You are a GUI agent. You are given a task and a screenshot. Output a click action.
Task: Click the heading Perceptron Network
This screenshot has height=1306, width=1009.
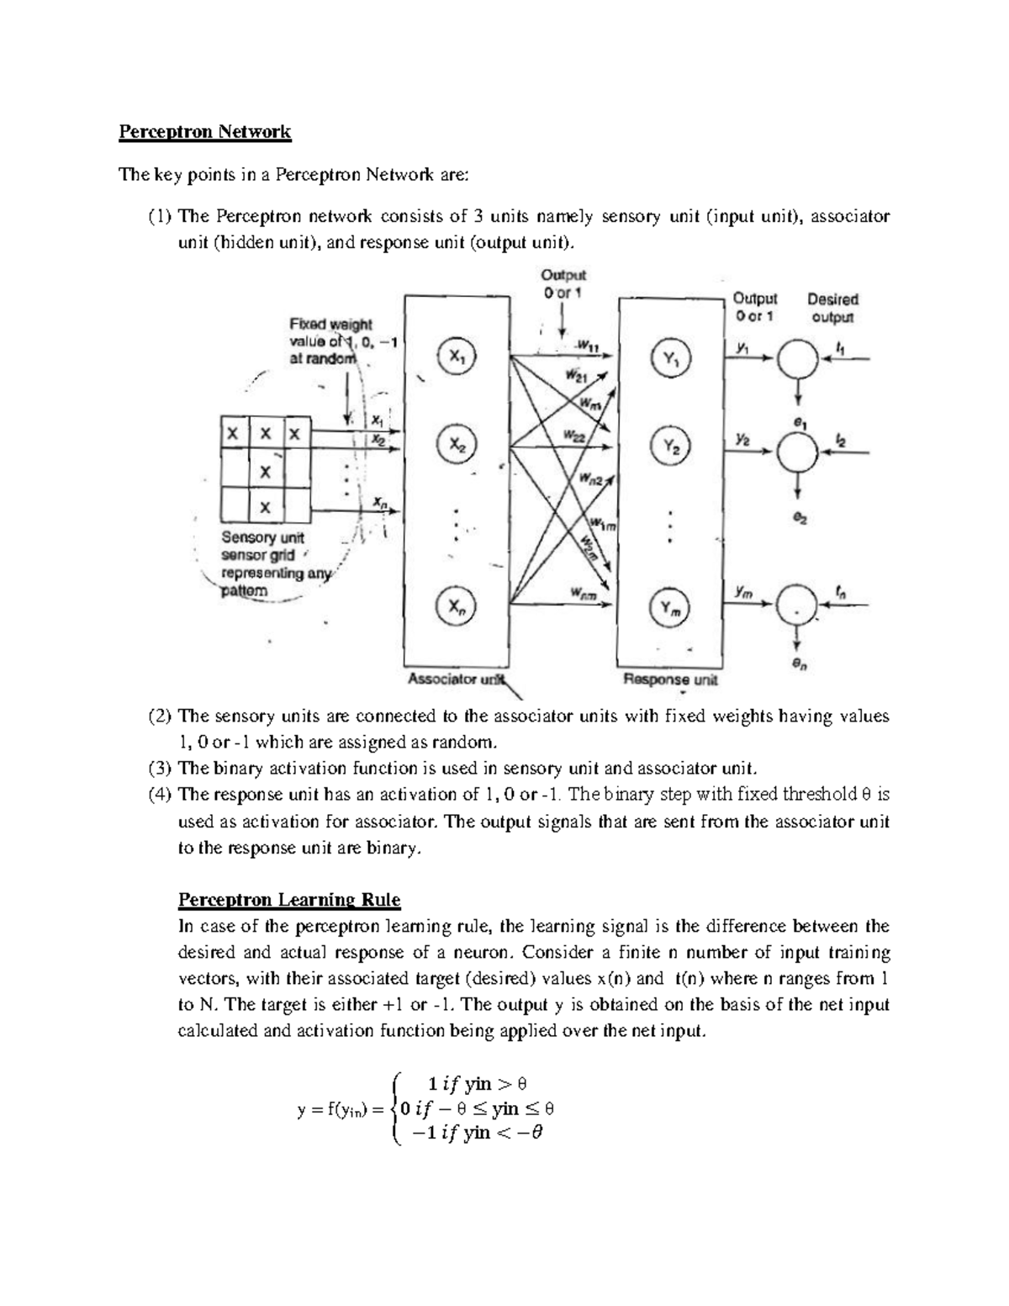(x=204, y=132)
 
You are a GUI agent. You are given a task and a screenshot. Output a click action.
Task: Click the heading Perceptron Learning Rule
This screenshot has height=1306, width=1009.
(x=289, y=900)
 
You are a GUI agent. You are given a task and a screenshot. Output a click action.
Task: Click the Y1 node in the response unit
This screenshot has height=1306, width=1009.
(x=671, y=358)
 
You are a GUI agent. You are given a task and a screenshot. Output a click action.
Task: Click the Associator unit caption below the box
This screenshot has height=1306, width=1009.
(x=455, y=679)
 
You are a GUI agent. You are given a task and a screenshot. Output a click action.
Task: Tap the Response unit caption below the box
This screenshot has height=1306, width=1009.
(x=669, y=679)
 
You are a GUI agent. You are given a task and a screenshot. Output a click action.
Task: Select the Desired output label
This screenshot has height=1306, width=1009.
(x=832, y=308)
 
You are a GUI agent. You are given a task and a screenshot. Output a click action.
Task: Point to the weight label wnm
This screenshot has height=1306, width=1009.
(x=584, y=595)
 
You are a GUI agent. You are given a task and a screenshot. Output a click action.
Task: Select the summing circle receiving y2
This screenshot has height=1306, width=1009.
(x=798, y=452)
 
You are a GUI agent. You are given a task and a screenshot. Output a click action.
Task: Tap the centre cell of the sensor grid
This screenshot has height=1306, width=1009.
(x=265, y=471)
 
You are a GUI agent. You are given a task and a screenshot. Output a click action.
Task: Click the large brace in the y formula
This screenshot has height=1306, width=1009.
(x=398, y=1108)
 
